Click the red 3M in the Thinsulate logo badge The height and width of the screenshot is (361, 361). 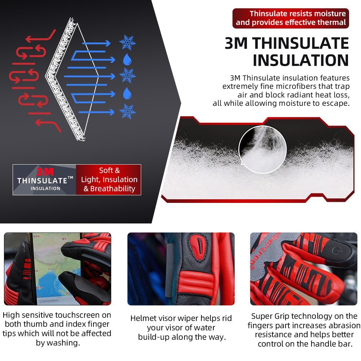45,172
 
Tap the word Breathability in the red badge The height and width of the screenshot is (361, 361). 113,188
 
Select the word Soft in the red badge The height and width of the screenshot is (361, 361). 105,170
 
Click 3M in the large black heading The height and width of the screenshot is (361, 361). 236,43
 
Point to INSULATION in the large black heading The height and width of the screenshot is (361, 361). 301,60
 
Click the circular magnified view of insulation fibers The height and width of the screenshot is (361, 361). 263,149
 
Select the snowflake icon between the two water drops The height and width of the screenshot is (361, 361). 127,75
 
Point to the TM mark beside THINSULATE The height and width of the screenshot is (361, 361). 70,178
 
